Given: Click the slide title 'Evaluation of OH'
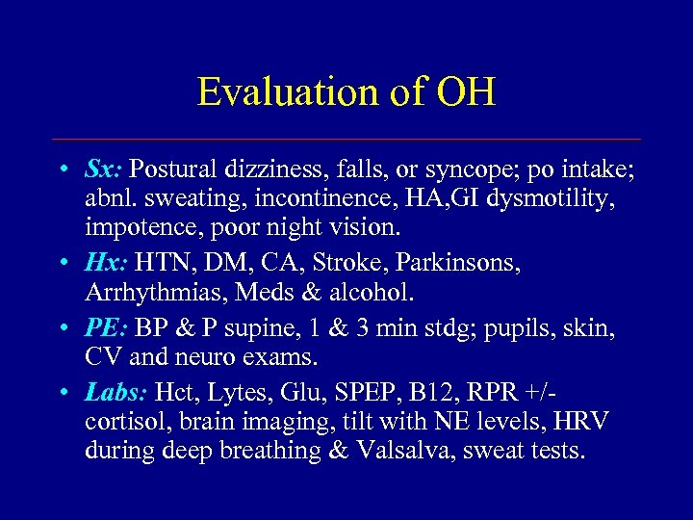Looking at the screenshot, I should (x=346, y=92).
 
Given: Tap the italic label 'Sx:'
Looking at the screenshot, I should (x=103, y=169).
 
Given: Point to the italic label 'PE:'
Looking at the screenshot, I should (x=105, y=329).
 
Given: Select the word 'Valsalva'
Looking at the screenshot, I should (x=398, y=450).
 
